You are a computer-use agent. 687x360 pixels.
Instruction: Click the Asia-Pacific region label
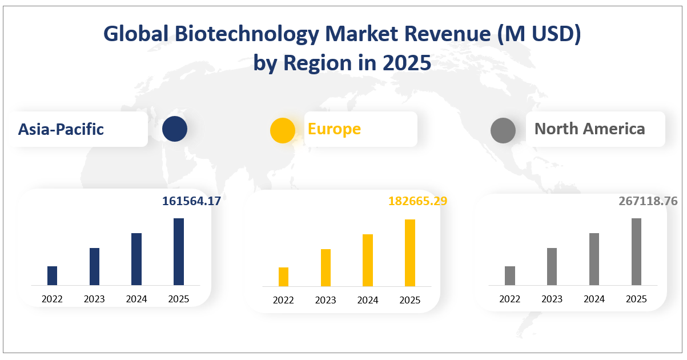click(61, 129)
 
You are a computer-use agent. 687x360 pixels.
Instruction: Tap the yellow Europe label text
click(334, 129)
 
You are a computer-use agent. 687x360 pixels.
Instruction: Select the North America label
click(589, 129)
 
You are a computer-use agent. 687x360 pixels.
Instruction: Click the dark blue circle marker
click(174, 129)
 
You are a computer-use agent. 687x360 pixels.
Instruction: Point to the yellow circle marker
click(282, 130)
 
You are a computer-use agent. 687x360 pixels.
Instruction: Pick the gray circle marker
click(503, 130)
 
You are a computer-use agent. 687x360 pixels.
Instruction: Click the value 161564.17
click(191, 201)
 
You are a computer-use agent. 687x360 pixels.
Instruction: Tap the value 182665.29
click(417, 201)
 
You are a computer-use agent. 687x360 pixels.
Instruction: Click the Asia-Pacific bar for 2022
click(52, 275)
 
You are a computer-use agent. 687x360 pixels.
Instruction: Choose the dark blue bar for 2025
click(179, 251)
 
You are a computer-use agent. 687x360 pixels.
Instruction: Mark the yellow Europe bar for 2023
click(326, 267)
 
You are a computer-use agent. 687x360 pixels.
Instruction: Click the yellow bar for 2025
click(410, 253)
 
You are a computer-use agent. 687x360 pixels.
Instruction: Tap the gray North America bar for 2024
click(594, 259)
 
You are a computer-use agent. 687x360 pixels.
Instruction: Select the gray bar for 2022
click(510, 275)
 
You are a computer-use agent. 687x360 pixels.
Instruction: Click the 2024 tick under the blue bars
click(136, 299)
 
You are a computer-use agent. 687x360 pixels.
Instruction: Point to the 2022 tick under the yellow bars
click(283, 300)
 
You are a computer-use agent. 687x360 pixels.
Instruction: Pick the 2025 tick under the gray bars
click(636, 299)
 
